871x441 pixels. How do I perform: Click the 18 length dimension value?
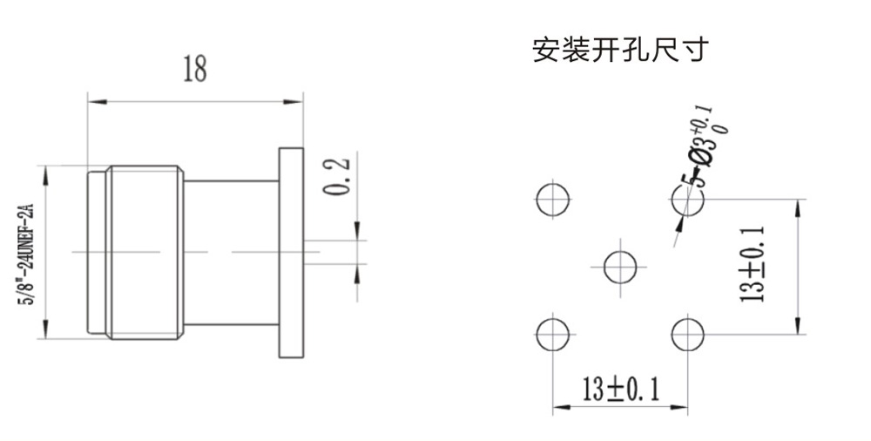pyautogui.click(x=194, y=70)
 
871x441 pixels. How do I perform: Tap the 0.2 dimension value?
pyautogui.click(x=338, y=177)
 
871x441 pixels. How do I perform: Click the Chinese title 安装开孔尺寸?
pyautogui.click(x=619, y=50)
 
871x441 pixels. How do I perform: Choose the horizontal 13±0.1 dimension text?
pyautogui.click(x=620, y=390)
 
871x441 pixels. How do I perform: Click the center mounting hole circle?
pyautogui.click(x=620, y=265)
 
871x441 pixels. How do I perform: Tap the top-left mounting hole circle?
pyautogui.click(x=551, y=200)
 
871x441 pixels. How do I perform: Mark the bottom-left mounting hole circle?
pyautogui.click(x=551, y=333)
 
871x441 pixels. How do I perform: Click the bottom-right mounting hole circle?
pyautogui.click(x=688, y=333)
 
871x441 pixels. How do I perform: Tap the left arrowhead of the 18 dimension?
pyautogui.click(x=91, y=101)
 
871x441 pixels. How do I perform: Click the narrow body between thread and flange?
pyautogui.click(x=230, y=252)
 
